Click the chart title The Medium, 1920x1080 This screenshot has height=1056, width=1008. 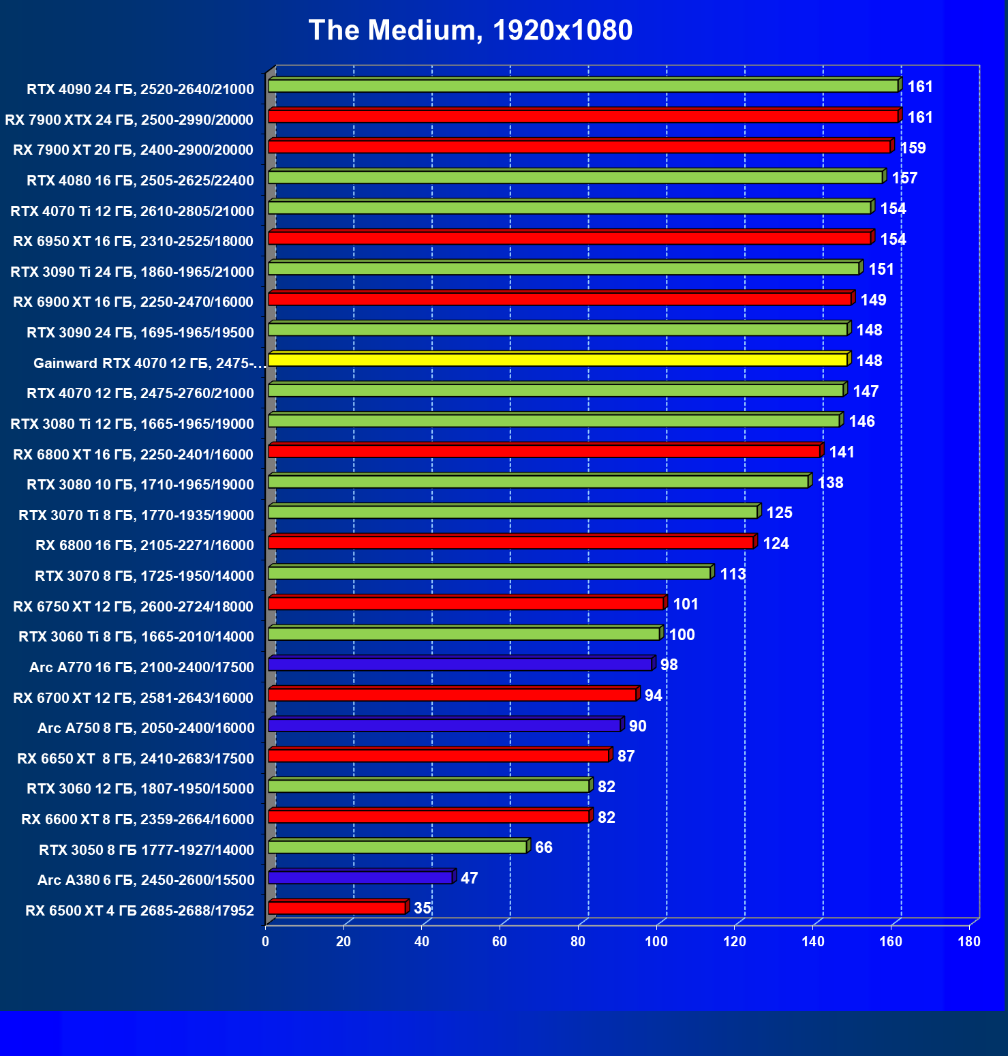470,31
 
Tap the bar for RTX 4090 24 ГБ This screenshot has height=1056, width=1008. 583,86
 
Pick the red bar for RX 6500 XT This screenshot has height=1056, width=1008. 337,908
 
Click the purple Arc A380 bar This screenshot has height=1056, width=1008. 361,877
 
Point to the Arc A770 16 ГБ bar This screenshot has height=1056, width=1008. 460,665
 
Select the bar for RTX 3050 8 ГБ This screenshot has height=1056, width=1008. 397,847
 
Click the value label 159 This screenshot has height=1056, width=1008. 913,148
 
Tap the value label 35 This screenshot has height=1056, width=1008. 423,908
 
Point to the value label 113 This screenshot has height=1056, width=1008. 733,574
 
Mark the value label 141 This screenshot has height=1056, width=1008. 842,452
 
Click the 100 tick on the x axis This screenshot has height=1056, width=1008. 656,942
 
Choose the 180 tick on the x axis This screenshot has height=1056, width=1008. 969,942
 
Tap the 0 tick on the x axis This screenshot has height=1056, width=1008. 266,942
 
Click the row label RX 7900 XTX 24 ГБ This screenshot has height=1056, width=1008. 129,120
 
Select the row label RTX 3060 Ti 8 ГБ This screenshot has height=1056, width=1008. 136,637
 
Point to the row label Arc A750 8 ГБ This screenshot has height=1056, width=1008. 146,728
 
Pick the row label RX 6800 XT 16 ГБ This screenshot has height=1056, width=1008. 134,455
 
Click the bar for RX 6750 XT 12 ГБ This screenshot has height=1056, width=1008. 466,603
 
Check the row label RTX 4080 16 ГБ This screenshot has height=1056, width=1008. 140,181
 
